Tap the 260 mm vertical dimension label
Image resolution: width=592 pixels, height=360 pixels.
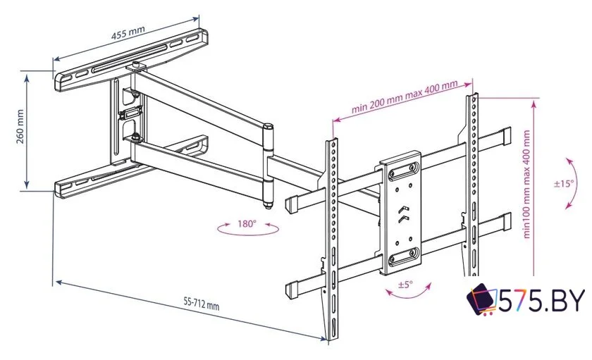tap(19, 128)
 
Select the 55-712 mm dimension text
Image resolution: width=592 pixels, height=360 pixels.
tap(201, 304)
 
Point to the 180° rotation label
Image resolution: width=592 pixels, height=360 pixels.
tap(246, 224)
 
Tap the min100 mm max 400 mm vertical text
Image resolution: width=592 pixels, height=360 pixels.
tap(527, 185)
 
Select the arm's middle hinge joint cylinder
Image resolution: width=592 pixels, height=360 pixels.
tap(268, 166)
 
